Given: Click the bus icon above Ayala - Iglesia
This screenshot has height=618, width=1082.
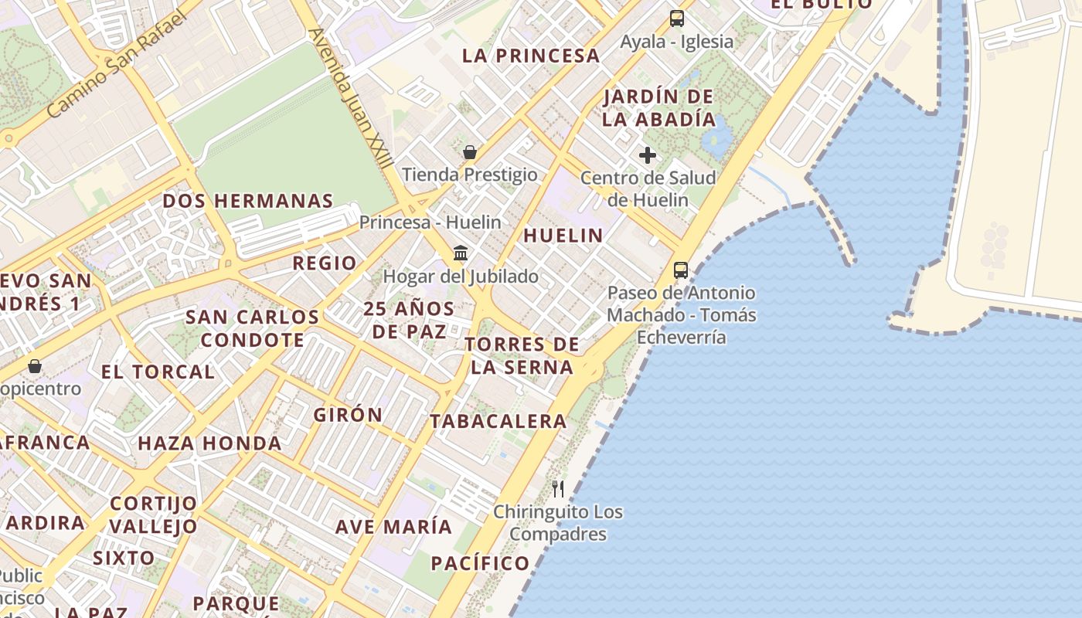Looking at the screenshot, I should pyautogui.click(x=677, y=19).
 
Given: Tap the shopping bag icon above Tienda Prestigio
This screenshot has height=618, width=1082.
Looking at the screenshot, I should pyautogui.click(x=469, y=152).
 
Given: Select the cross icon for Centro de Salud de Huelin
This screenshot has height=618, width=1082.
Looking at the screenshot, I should pyautogui.click(x=648, y=155).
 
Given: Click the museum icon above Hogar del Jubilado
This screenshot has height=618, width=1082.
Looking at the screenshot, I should pyautogui.click(x=461, y=253).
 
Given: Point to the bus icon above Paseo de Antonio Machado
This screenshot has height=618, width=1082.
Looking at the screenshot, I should pyautogui.click(x=681, y=270).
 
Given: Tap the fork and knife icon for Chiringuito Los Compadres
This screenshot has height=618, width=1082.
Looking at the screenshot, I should pyautogui.click(x=558, y=488).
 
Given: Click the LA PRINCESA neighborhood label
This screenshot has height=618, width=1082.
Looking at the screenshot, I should pyautogui.click(x=531, y=56).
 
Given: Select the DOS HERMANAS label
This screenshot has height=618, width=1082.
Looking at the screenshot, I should pyautogui.click(x=247, y=201).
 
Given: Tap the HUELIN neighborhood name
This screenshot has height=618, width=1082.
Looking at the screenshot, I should pyautogui.click(x=563, y=236).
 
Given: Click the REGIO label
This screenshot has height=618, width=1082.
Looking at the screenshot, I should pyautogui.click(x=325, y=263).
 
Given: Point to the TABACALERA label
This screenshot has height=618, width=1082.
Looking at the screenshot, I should pyautogui.click(x=498, y=421).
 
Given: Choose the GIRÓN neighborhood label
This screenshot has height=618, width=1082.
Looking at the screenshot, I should pyautogui.click(x=348, y=415).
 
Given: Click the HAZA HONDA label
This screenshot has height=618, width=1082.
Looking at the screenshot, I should pyautogui.click(x=209, y=443).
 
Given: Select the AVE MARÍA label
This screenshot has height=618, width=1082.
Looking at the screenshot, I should pyautogui.click(x=393, y=527).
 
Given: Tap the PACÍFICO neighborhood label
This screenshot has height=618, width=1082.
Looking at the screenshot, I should pyautogui.click(x=480, y=563).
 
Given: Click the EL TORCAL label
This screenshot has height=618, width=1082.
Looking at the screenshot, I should pyautogui.click(x=158, y=372).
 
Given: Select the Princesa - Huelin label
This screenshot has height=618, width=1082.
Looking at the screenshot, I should pyautogui.click(x=430, y=222).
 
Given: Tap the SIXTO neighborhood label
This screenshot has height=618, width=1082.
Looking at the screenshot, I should pyautogui.click(x=124, y=558).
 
